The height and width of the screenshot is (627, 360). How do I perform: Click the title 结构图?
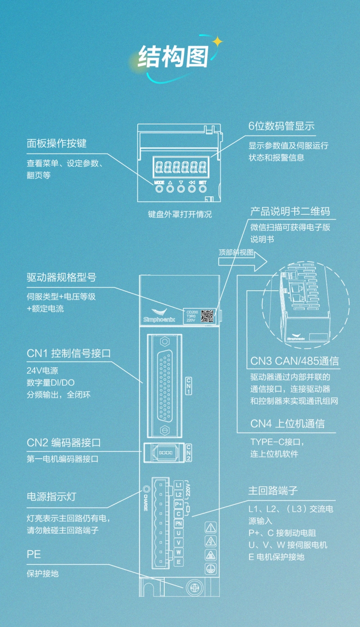173,57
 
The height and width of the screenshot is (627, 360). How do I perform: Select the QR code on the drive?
207,315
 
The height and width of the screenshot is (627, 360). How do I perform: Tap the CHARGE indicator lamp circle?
146,490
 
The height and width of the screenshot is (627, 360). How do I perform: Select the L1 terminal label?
178,485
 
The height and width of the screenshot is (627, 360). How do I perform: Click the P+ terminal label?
178,504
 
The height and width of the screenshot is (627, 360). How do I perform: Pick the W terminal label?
178,552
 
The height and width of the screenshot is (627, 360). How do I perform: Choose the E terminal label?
178,562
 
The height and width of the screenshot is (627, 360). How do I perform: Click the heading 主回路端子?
273,490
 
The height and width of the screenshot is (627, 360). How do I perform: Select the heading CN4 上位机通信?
287,424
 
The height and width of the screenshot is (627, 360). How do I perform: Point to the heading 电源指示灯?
51,497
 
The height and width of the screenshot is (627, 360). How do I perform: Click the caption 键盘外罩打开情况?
180,214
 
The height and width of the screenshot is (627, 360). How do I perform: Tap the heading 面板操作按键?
56,144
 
